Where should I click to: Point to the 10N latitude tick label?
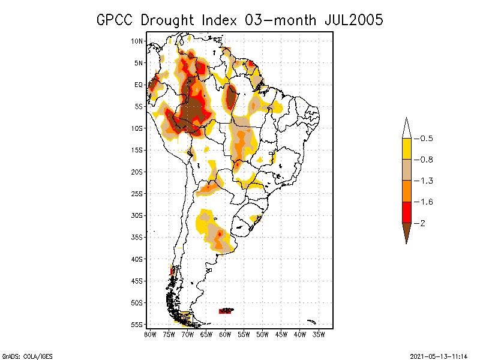coord(137,41)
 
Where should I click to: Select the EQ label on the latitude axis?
coord(139,85)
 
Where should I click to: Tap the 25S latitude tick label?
coord(137,193)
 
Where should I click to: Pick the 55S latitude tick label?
coord(137,324)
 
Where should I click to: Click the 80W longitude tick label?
coord(150,334)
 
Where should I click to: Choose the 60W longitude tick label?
coord(225,334)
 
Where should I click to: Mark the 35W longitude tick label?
coord(319,334)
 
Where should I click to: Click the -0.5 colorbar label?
coord(426,139)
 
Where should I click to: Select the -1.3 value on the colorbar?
coord(426,181)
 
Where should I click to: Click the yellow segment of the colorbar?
coord(406,149)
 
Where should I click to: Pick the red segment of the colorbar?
coord(406,212)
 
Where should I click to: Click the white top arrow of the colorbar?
coord(406,128)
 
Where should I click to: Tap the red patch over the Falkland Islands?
coord(226,311)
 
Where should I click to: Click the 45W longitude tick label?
coord(281,334)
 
